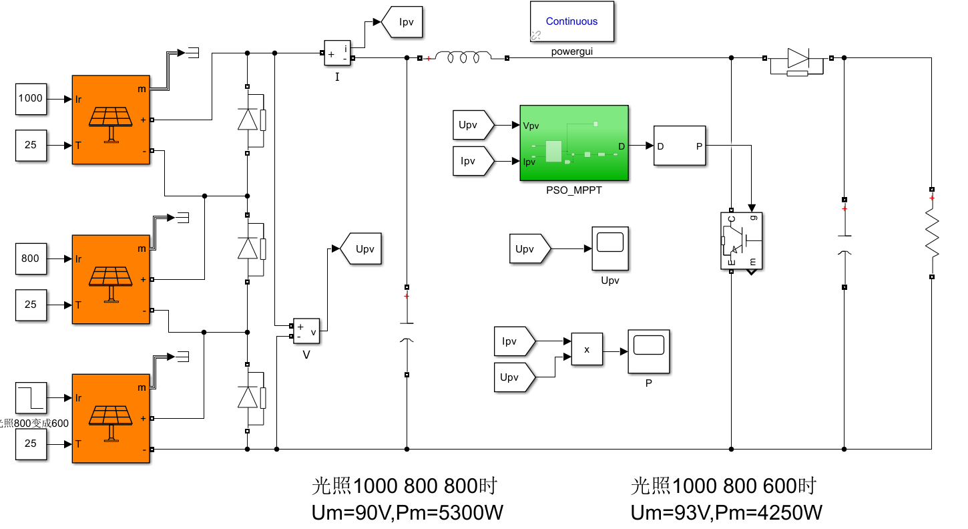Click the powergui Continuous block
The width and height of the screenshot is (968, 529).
pyautogui.click(x=572, y=21)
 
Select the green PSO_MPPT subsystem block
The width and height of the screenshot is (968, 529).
pyautogui.click(x=574, y=143)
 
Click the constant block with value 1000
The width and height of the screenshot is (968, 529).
pyautogui.click(x=31, y=99)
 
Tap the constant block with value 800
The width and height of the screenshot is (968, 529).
pyautogui.click(x=31, y=258)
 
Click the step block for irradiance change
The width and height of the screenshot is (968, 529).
pyautogui.click(x=31, y=397)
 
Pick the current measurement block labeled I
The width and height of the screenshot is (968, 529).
pyautogui.click(x=337, y=53)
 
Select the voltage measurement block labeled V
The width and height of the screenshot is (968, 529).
pyautogui.click(x=306, y=330)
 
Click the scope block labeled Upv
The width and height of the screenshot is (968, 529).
pyautogui.click(x=610, y=248)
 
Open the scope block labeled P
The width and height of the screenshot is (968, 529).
pyautogui.click(x=648, y=351)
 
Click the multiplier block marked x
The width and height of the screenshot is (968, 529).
pyautogui.click(x=587, y=349)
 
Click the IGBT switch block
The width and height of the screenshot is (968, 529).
pyautogui.click(x=741, y=241)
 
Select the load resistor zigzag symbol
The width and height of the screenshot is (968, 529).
pyautogui.click(x=932, y=233)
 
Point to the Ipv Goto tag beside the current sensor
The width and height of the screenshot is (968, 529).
pyautogui.click(x=402, y=22)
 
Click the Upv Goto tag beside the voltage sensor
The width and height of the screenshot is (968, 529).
pyautogui.click(x=361, y=249)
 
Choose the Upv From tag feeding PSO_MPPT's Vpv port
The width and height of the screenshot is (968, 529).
pyautogui.click(x=473, y=125)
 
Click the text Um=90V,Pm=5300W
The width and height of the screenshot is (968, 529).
pyautogui.click(x=407, y=513)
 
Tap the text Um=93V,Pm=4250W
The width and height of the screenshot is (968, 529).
pyautogui.click(x=726, y=513)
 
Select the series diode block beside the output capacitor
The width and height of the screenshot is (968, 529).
pyautogui.click(x=798, y=61)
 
